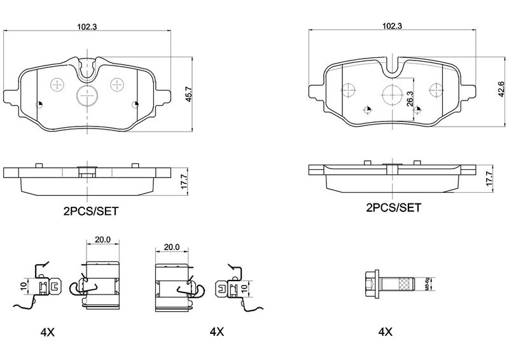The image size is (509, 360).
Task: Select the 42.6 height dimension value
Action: click(491, 92)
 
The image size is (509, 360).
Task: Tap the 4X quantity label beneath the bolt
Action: click(385, 331)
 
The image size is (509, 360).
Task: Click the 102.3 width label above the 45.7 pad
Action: click(87, 27)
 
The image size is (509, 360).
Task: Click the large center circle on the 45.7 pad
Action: click(87, 96)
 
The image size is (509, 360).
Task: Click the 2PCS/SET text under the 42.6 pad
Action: click(393, 207)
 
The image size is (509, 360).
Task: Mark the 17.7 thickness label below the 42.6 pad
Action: click(490, 177)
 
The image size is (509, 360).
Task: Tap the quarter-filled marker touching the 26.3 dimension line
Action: click(417, 110)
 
